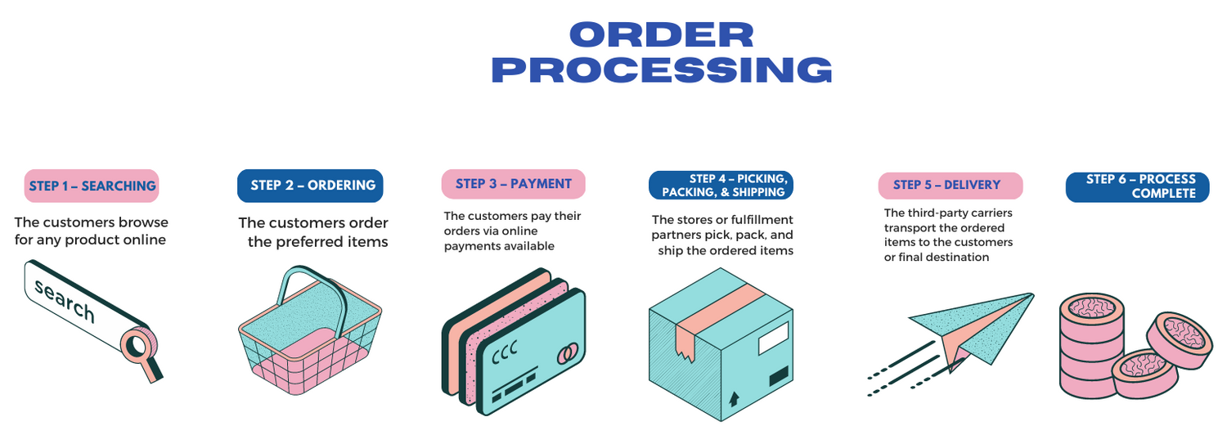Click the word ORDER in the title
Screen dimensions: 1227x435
[x=662, y=34]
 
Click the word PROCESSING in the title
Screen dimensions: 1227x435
[x=662, y=70]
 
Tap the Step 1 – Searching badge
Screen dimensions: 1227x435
[x=92, y=186]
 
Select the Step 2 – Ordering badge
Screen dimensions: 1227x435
[x=310, y=186]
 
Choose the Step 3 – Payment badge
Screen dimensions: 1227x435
[x=513, y=184]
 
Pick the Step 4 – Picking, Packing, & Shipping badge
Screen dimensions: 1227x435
[x=721, y=185]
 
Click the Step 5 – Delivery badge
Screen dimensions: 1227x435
[x=951, y=186]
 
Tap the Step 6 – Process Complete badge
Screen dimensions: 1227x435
[x=1137, y=186]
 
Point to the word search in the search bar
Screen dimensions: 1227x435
[x=65, y=301]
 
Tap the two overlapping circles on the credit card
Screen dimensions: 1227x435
[x=567, y=354]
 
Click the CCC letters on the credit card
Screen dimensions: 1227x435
[x=504, y=352]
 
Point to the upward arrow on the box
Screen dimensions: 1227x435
[x=734, y=398]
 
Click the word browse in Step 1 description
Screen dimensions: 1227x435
[x=142, y=222]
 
